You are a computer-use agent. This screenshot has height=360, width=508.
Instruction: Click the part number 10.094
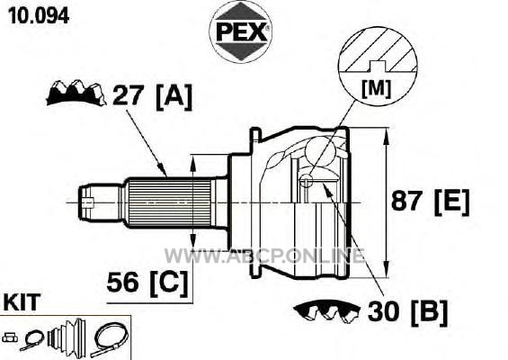(39, 15)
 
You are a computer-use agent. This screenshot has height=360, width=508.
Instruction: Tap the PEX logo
(240, 31)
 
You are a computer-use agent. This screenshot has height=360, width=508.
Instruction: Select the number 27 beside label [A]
(128, 95)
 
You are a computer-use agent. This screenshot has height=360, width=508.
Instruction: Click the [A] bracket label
(174, 96)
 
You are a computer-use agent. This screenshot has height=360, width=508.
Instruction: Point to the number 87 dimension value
(406, 201)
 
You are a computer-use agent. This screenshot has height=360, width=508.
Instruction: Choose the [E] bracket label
(451, 202)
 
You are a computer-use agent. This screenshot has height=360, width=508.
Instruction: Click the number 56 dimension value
(122, 282)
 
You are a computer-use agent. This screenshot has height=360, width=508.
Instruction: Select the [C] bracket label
(169, 283)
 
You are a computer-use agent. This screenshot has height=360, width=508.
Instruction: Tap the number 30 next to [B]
(384, 310)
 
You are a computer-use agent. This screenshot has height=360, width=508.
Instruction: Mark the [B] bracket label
(429, 312)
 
